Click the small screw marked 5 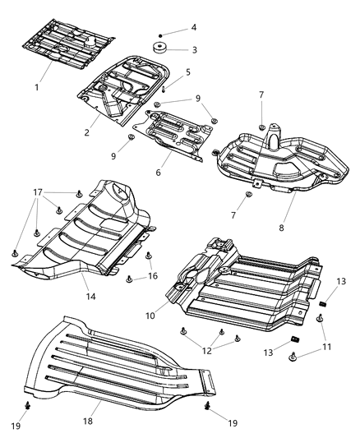click(164, 87)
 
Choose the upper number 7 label click(261, 95)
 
